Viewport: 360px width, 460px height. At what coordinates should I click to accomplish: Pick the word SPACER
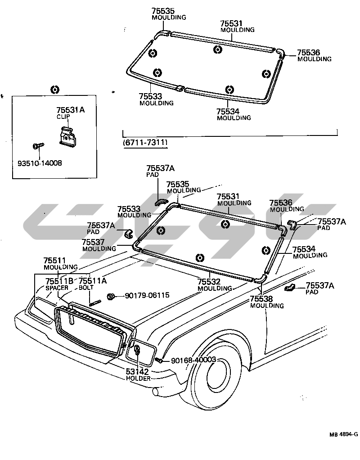[56, 288]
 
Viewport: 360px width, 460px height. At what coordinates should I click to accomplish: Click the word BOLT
[86, 287]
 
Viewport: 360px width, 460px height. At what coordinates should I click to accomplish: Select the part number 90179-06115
[147, 295]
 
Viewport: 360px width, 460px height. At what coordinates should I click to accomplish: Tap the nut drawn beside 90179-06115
[111, 296]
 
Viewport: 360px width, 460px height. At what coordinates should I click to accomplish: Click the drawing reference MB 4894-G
[343, 434]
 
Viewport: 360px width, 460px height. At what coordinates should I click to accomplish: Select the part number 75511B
[59, 281]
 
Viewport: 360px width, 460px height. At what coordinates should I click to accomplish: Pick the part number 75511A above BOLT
[93, 281]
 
